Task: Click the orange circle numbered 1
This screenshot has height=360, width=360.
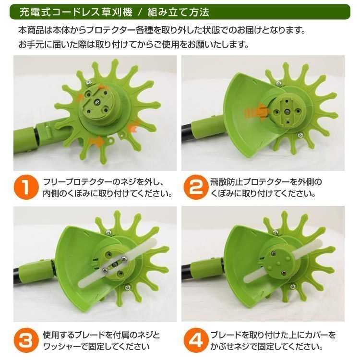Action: [26, 187]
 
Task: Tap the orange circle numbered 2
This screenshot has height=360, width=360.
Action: [196, 187]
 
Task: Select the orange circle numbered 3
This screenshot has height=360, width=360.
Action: [26, 340]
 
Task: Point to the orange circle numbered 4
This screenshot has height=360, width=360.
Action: [196, 340]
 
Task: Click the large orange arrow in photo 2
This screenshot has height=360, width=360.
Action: [257, 112]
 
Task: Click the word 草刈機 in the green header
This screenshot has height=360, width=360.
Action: [117, 12]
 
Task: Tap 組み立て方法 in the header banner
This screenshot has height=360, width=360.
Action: [178, 12]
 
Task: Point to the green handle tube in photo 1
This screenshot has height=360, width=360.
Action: [25, 141]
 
